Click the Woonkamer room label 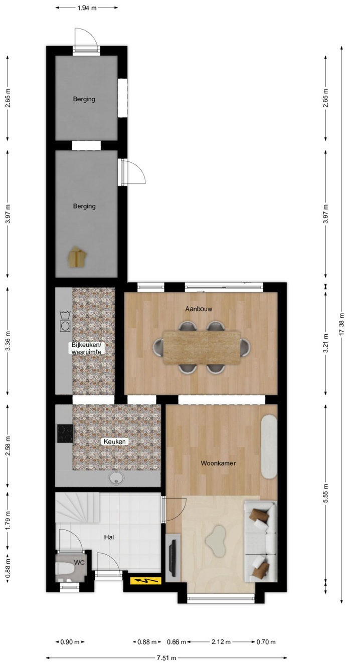pyautogui.click(x=218, y=463)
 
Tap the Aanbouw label pyautogui.click(x=199, y=309)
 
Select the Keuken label pyautogui.click(x=114, y=441)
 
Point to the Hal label pyautogui.click(x=109, y=537)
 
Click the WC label pyautogui.click(x=79, y=562)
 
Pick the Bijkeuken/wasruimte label pyautogui.click(x=86, y=348)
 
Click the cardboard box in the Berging pyautogui.click(x=77, y=257)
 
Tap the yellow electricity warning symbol pyautogui.click(x=145, y=581)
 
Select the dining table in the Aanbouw pyautogui.click(x=202, y=348)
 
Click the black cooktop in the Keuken pyautogui.click(x=66, y=433)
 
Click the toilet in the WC pyautogui.click(x=65, y=568)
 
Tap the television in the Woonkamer pyautogui.click(x=172, y=557)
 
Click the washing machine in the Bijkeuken pyautogui.click(x=64, y=326)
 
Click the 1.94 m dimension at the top pyautogui.click(x=87, y=8)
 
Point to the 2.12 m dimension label pyautogui.click(x=221, y=642)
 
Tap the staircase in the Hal pyautogui.click(x=77, y=508)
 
